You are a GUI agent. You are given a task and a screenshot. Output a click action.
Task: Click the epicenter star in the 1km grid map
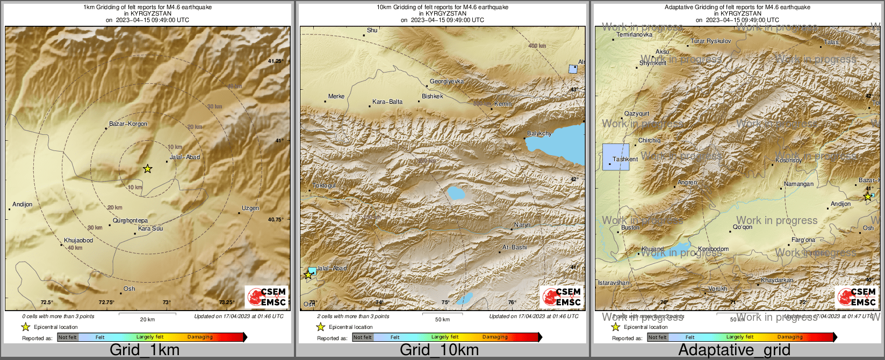coord(147,169)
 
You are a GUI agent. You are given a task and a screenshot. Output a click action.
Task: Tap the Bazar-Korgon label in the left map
coord(128,124)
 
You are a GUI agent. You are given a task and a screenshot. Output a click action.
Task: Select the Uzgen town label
coord(250,208)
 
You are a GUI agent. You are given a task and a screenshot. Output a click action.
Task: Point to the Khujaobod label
coord(78,240)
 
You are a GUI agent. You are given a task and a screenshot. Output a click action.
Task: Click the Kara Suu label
coord(150,228)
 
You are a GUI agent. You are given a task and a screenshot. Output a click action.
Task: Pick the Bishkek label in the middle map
coord(433,96)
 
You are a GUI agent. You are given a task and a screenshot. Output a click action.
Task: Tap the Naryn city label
coord(522,225)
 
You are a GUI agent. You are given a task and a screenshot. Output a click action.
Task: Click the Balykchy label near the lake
coord(539,133)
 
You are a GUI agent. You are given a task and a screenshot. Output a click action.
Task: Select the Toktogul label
coord(324,185)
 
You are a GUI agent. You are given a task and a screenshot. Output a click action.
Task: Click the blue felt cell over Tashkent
coord(616,157)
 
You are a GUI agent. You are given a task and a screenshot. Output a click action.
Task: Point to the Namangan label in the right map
coord(798,184)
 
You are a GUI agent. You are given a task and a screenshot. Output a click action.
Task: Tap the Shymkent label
coord(653,63)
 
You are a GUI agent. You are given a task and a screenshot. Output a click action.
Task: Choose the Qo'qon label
coord(743,227)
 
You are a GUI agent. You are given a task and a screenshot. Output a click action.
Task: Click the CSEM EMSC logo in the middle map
coord(562,297)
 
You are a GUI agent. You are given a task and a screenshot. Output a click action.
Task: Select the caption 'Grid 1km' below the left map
coord(145,350)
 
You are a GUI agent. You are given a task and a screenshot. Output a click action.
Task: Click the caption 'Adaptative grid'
coord(734,350)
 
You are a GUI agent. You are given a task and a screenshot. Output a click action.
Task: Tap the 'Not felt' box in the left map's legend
coord(68,337)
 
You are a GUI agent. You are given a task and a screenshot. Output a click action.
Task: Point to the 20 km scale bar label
coord(147,319)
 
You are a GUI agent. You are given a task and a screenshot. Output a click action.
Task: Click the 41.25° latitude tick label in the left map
coord(276,61)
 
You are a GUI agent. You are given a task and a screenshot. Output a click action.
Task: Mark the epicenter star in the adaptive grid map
coord(867,197)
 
